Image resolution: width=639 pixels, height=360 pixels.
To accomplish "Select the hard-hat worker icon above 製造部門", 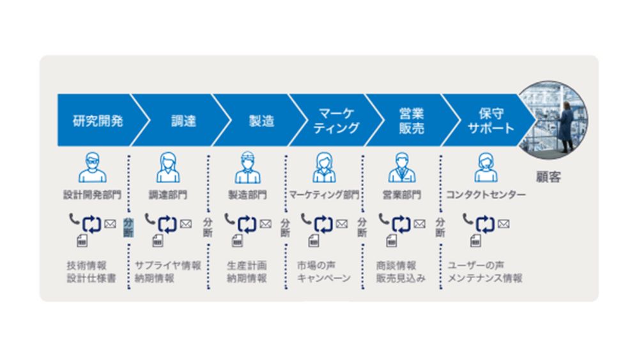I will click(x=247, y=167).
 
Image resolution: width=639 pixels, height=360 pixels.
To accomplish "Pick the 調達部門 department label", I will click(x=168, y=194).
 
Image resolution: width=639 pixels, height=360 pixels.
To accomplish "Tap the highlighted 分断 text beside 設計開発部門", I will click(x=128, y=227).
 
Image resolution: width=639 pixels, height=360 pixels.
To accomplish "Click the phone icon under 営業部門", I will click(x=383, y=219).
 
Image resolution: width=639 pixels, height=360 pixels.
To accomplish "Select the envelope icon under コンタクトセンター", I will click(x=504, y=224).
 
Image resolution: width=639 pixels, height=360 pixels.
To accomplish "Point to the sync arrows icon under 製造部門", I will click(x=247, y=224).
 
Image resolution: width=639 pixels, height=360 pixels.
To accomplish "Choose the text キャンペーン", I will click(x=323, y=279).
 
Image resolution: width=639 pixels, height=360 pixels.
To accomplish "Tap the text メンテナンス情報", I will click(x=485, y=279).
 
